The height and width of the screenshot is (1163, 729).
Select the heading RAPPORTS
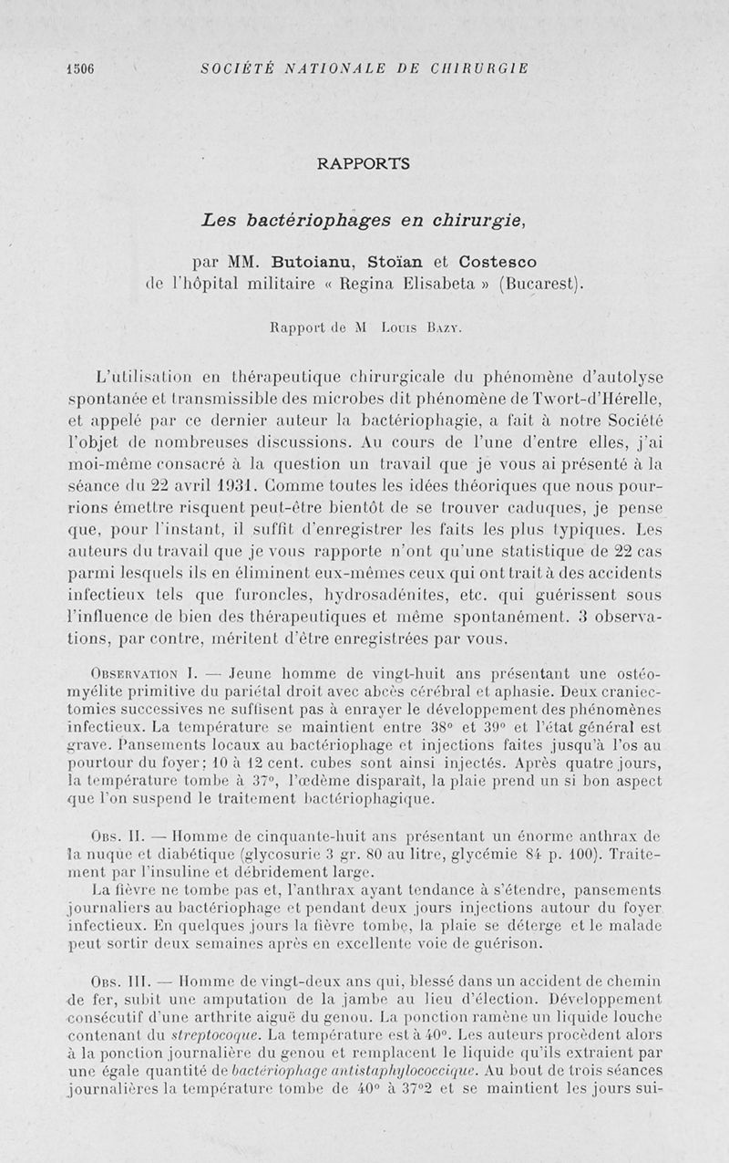click(364, 164)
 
